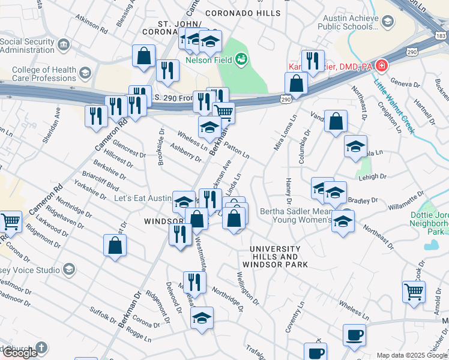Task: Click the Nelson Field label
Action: tap(209, 60)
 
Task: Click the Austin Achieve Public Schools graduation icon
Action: tap(388, 22)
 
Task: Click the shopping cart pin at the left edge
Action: tap(10, 221)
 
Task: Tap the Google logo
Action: tap(20, 352)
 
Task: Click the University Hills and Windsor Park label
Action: tap(275, 256)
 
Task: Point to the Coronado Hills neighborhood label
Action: tap(243, 13)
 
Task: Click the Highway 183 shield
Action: tap(441, 36)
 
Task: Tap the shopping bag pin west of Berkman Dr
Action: tap(115, 245)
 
